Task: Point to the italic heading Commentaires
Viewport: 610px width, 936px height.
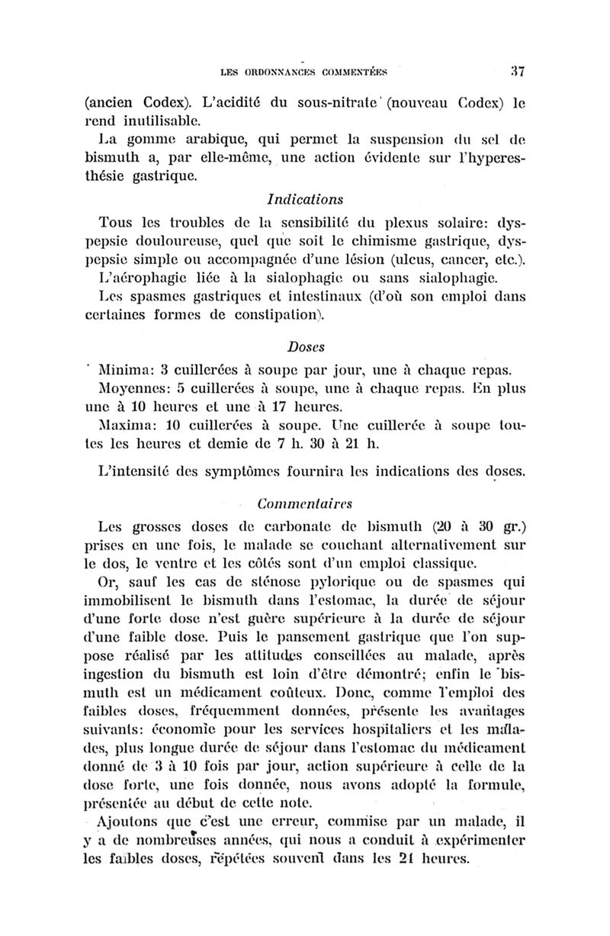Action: point(305,503)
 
